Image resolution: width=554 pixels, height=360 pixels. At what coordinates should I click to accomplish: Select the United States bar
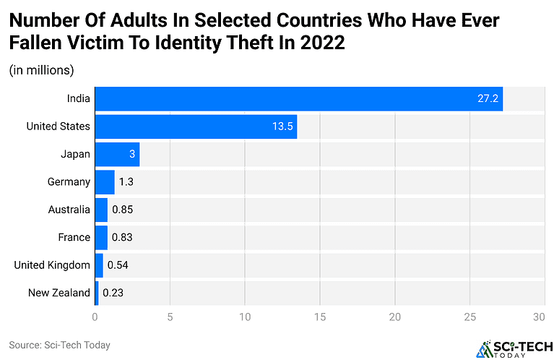coord(196,127)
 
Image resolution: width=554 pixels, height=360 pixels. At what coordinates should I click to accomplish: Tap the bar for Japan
coord(117,154)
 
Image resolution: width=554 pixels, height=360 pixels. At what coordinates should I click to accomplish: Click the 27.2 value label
coord(488,98)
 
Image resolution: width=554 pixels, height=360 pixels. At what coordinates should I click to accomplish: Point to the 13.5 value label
coord(282,127)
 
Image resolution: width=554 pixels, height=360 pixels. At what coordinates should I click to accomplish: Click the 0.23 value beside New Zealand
coord(113,293)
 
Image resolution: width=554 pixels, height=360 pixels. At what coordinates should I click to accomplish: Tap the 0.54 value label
coord(118,265)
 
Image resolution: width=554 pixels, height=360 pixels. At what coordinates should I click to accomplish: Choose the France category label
coord(74,237)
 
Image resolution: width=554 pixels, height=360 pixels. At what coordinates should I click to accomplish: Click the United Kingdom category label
coord(52,265)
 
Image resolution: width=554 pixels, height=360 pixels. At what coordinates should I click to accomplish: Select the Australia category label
coord(69,210)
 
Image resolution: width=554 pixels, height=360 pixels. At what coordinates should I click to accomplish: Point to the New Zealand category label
coord(59,293)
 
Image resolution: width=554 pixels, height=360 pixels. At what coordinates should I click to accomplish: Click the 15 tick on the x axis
coord(320,317)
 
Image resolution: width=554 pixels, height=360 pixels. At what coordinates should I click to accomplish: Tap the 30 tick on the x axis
coord(538,317)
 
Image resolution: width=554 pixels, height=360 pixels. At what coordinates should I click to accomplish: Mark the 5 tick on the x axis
coord(170,317)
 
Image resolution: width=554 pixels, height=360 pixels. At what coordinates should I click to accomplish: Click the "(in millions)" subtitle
coord(42,70)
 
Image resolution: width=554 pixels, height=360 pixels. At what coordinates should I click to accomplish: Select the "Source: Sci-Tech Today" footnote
coord(59,345)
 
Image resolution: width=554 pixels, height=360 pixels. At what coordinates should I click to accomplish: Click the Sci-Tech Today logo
coord(510,347)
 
